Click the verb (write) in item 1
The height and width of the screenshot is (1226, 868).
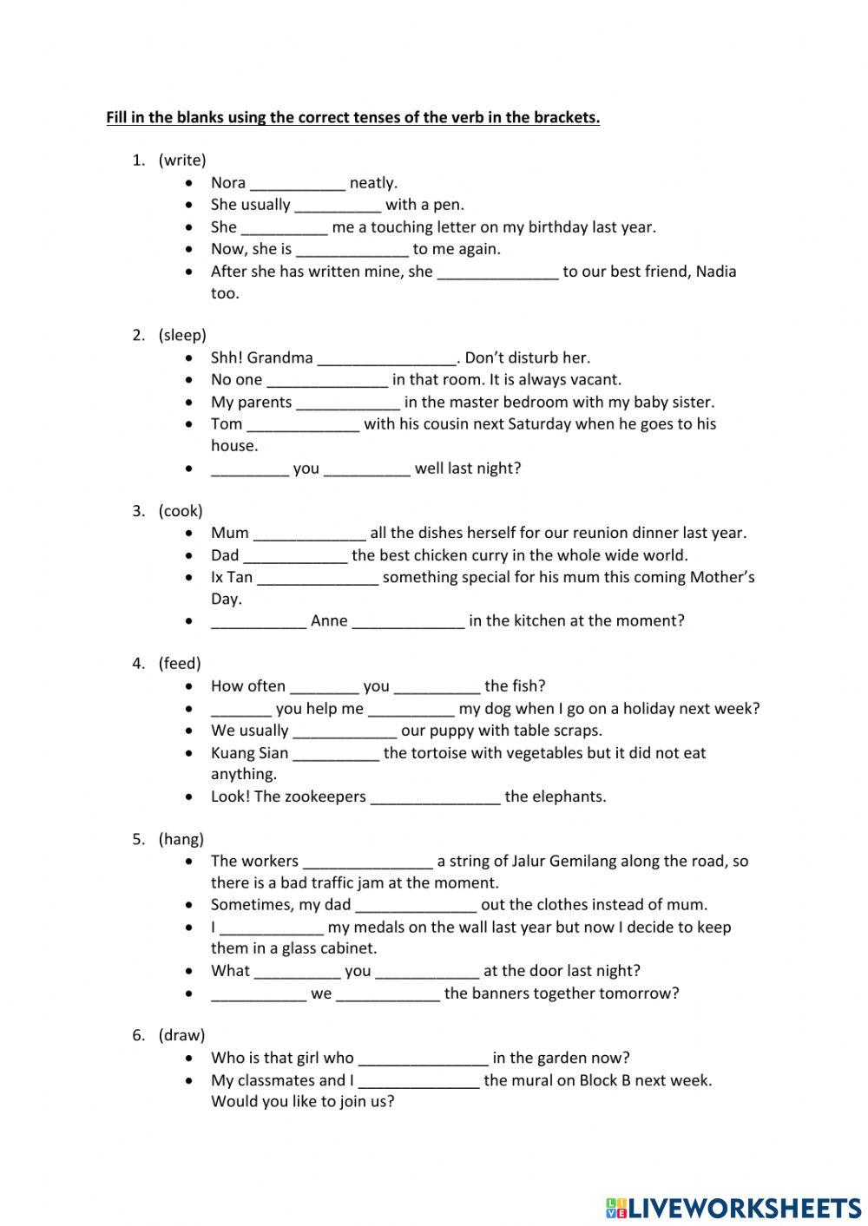coord(182,161)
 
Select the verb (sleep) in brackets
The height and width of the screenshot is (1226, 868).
coord(182,336)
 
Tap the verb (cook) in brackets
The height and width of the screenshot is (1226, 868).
coord(181,511)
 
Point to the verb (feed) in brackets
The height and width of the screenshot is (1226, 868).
coord(180,664)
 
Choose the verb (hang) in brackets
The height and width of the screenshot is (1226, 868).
coord(181,839)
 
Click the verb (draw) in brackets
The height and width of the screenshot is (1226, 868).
coord(181,1035)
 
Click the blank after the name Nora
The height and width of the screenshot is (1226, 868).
coord(298,184)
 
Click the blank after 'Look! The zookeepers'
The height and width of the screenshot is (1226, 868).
coord(436,797)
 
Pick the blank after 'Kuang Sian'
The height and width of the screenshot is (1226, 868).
coord(336,754)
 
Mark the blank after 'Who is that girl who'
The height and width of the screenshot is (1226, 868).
coord(423,1059)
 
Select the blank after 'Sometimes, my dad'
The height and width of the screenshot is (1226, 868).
coord(416,906)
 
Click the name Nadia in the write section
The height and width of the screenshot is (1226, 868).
coord(715,272)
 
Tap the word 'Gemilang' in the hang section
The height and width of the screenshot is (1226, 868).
coord(584,862)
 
